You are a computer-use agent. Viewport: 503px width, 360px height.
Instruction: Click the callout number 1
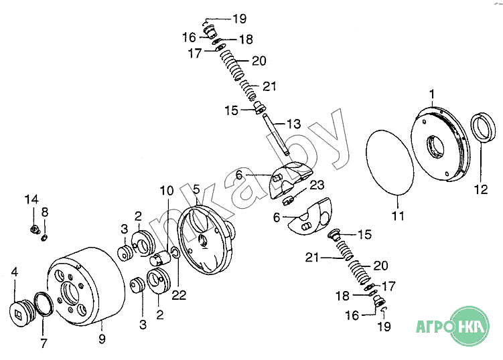(432, 94)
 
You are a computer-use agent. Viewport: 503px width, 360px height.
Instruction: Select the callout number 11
(398, 215)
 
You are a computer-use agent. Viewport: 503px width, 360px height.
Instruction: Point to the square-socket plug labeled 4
(21, 312)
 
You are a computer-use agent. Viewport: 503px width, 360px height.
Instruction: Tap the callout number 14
(31, 199)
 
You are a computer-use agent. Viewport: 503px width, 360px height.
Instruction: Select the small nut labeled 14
(33, 229)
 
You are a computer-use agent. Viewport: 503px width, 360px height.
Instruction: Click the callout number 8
(45, 212)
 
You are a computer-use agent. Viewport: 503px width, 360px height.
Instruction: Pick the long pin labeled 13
(276, 134)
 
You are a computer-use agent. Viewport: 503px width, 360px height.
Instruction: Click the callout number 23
(317, 185)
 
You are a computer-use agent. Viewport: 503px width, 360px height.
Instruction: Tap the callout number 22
(179, 295)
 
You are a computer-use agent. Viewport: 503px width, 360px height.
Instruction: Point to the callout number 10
(167, 191)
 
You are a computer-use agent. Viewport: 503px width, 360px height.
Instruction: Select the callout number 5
(196, 189)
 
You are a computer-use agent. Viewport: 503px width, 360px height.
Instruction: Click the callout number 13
(293, 124)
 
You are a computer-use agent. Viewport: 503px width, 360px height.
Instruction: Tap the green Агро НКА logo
(453, 326)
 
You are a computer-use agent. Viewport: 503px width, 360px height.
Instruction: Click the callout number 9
(102, 339)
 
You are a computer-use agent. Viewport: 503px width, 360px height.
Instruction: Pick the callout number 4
(15, 272)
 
